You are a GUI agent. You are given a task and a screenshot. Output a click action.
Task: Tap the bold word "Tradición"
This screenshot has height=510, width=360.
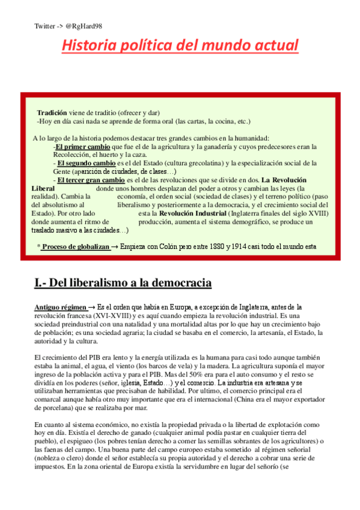point(52,112)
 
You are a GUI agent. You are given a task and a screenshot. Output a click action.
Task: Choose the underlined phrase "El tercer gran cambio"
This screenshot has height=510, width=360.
point(90,180)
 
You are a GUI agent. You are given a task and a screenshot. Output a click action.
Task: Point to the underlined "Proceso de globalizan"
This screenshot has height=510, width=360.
point(75,247)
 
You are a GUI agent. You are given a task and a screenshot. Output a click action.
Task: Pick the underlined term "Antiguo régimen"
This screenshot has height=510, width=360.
point(60,307)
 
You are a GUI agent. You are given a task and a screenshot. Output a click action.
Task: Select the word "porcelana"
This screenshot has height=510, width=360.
point(51,408)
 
